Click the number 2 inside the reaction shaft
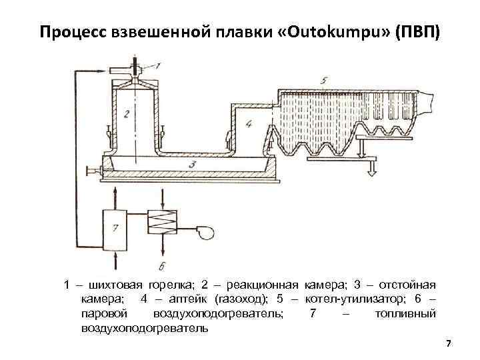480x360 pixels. click(x=126, y=113)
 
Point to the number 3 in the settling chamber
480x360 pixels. click(x=191, y=163)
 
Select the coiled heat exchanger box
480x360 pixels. click(x=162, y=220)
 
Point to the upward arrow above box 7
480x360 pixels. click(x=117, y=193)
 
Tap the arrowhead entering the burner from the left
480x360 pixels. click(x=121, y=69)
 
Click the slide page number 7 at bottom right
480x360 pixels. click(x=448, y=343)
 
